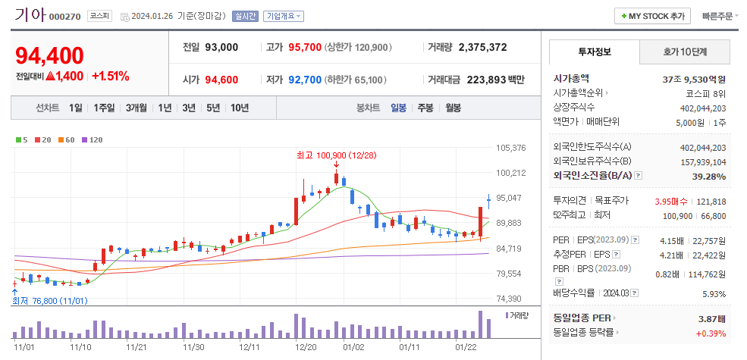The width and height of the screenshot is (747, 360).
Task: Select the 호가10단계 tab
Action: point(685,52)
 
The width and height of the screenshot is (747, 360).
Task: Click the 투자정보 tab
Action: point(594,52)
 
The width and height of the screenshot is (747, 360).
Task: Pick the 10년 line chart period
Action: point(239,108)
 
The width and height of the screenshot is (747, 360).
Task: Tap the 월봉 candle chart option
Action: point(453,108)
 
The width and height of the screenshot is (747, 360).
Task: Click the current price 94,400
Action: point(49,55)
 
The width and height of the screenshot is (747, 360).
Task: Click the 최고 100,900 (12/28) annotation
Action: point(336,155)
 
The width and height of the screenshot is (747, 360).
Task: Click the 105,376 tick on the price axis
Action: point(510,148)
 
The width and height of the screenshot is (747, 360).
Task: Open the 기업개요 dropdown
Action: point(284,16)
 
